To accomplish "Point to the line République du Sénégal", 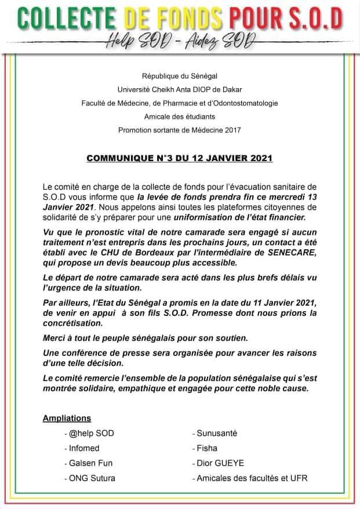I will [180, 76].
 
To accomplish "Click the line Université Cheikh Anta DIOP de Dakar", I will [180, 90].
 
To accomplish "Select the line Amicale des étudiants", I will [180, 117].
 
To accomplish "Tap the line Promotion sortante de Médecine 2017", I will [180, 130].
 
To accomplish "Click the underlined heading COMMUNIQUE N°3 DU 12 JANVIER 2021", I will [180, 158].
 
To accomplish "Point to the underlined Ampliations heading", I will [67, 418].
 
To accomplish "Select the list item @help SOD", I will [89, 433].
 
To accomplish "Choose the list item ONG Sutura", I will [90, 478].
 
